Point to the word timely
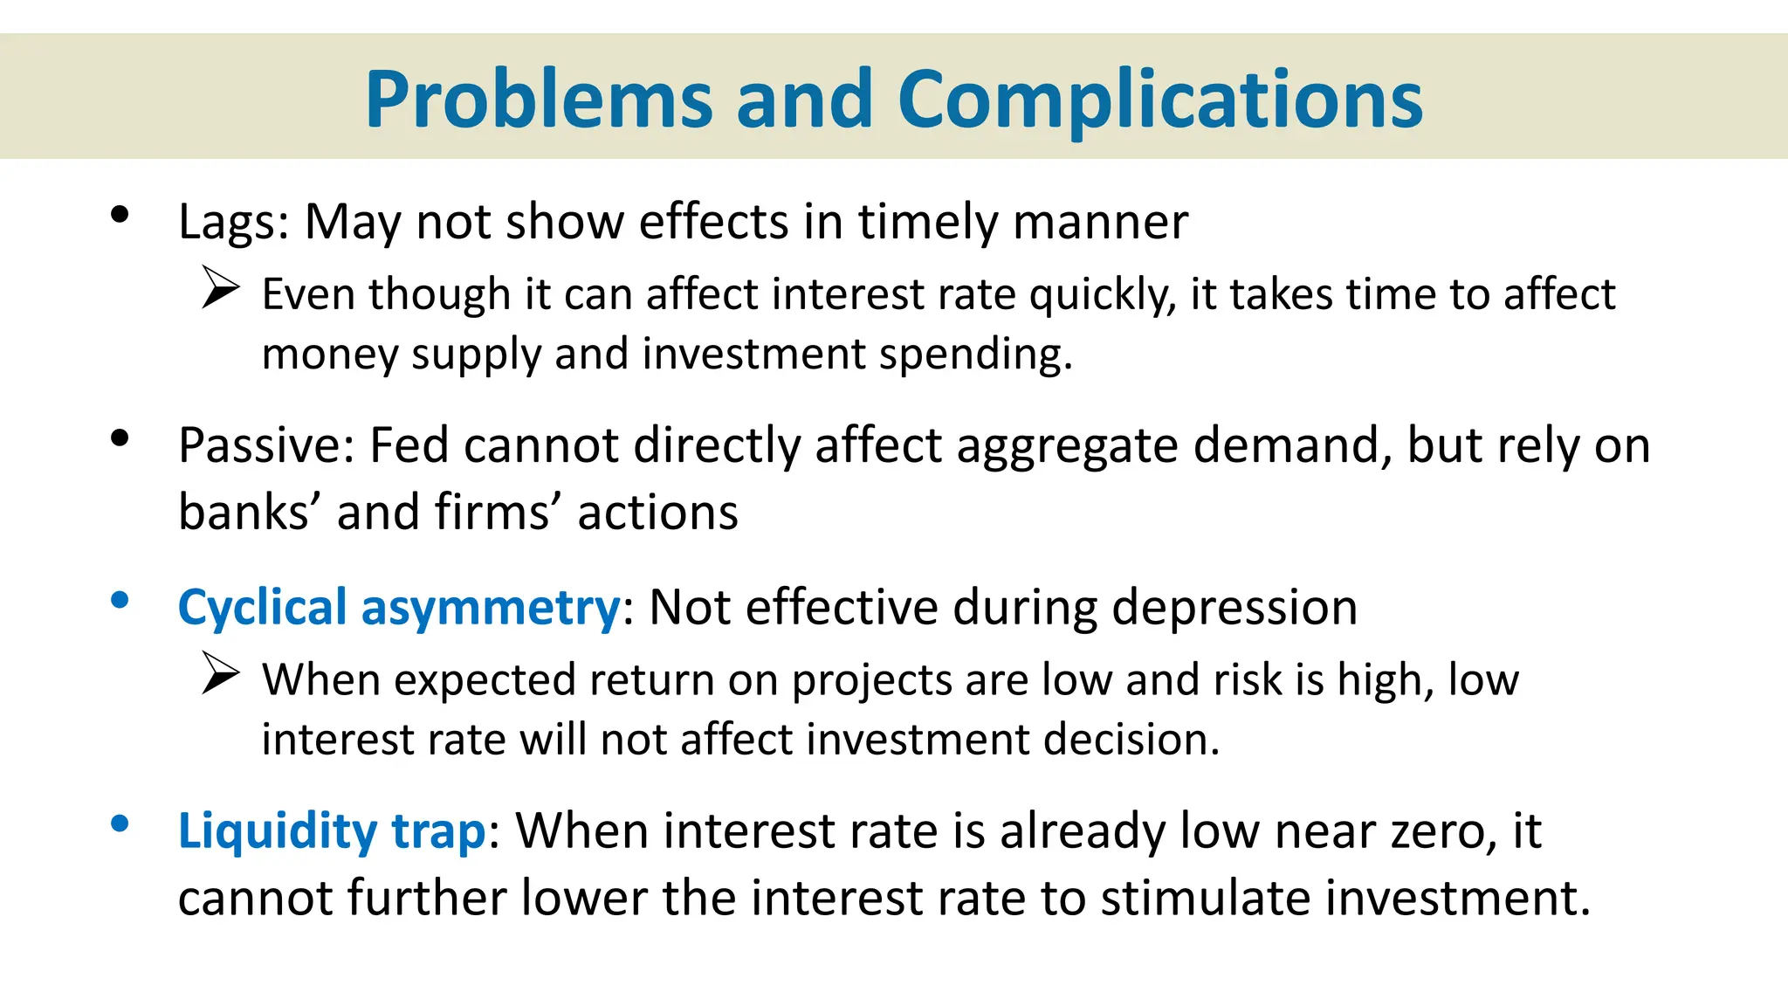coord(927,222)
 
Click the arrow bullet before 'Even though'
coord(220,287)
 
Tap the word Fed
coord(409,445)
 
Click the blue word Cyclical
coord(263,608)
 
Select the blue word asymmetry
coord(491,608)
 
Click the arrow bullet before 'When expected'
coord(220,673)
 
